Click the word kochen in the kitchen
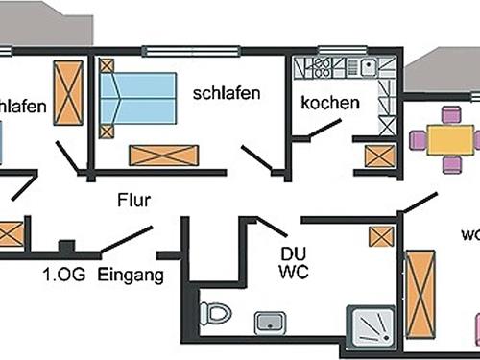329,103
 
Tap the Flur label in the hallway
134,202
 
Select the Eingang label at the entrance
131,275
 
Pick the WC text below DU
292,273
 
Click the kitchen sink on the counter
368,67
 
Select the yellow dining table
446,141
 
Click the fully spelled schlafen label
223,93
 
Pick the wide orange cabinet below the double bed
163,156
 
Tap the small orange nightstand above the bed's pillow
106,66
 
